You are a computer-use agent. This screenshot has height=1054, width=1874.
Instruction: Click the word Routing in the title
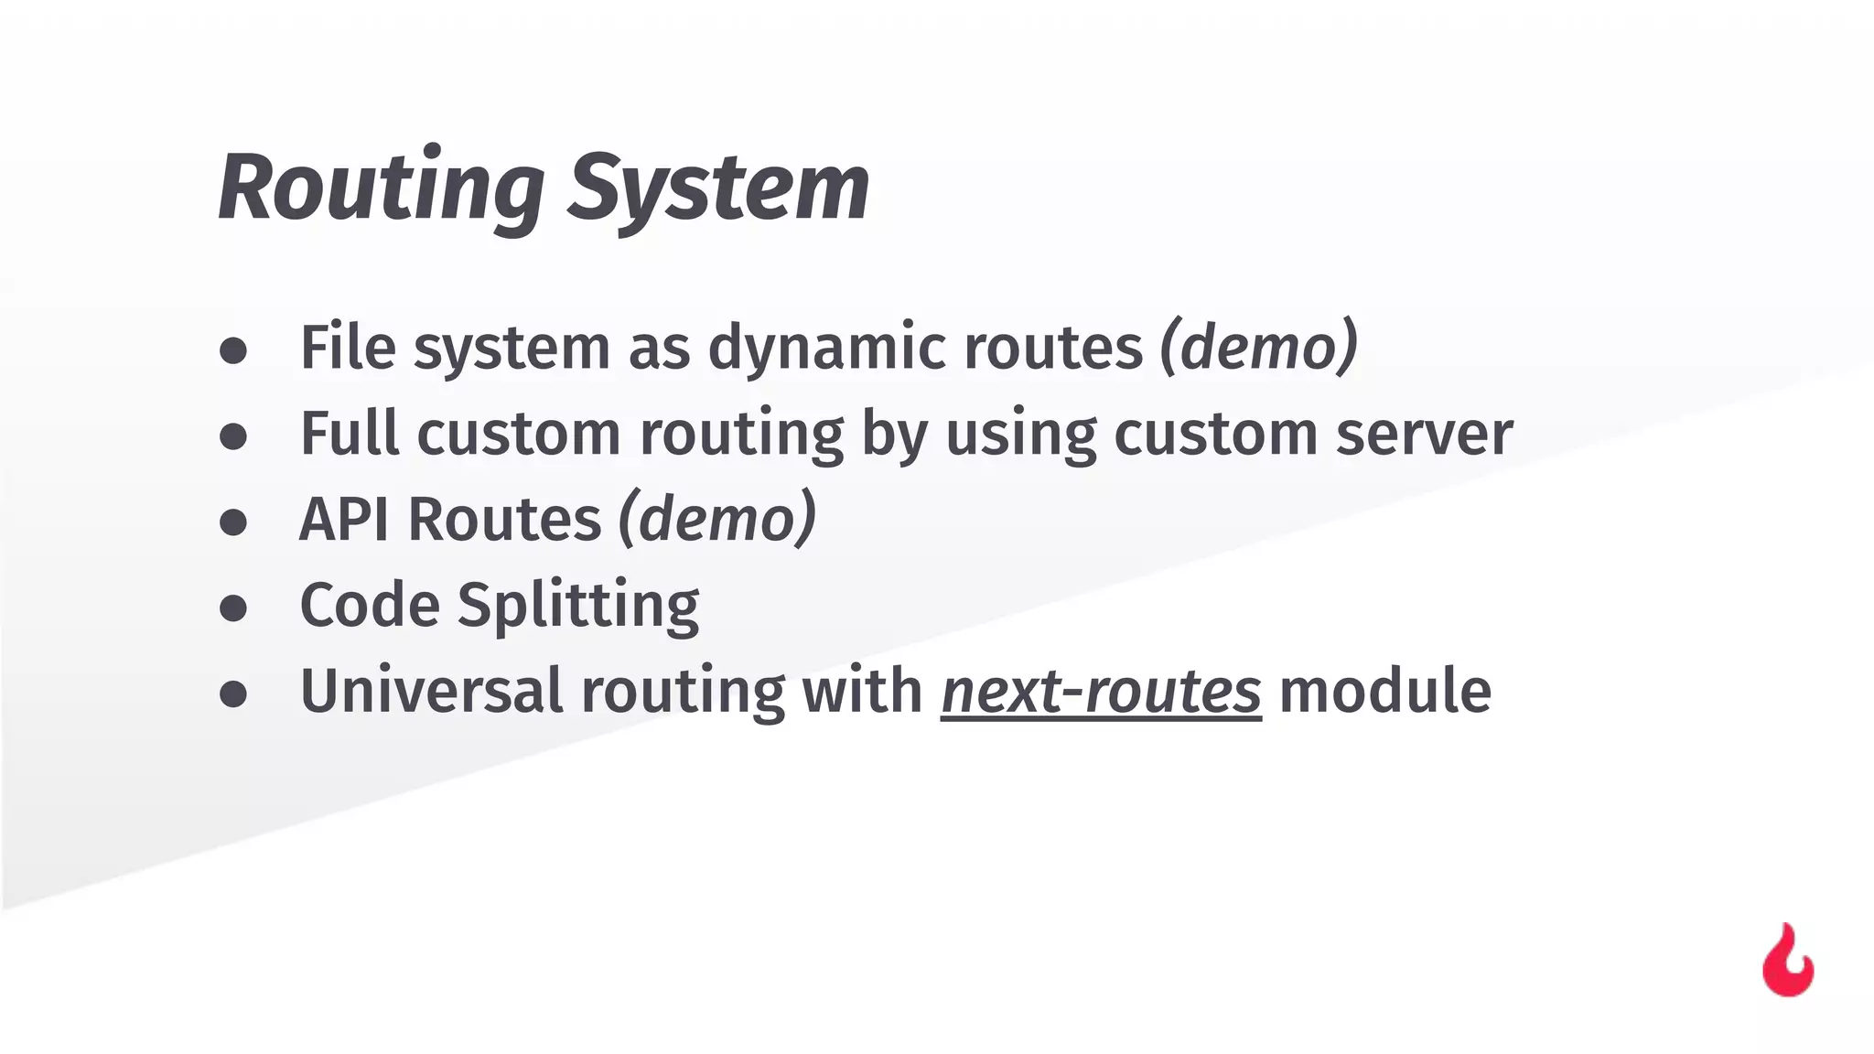(381, 189)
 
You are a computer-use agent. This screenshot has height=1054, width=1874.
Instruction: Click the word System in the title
(718, 189)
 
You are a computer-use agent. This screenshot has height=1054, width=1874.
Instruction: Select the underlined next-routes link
(1101, 691)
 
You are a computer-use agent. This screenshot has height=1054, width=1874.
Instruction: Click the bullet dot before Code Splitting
(233, 608)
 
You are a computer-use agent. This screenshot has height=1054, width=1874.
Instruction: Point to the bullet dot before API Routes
(233, 522)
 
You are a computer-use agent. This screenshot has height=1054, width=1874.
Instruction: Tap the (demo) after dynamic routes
(1258, 348)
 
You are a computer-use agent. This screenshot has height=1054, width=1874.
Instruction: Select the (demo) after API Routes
(716, 520)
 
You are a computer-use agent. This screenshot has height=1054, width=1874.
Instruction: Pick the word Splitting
(577, 606)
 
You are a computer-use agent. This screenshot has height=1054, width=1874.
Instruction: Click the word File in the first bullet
(348, 348)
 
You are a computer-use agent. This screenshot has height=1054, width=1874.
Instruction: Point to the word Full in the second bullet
(350, 434)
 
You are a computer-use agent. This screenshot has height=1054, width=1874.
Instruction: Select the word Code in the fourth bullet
(370, 606)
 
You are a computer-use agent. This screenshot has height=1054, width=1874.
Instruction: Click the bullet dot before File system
(233, 350)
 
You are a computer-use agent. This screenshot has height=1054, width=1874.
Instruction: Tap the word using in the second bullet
(1020, 434)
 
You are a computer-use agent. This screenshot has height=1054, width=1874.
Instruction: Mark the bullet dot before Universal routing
(233, 694)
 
